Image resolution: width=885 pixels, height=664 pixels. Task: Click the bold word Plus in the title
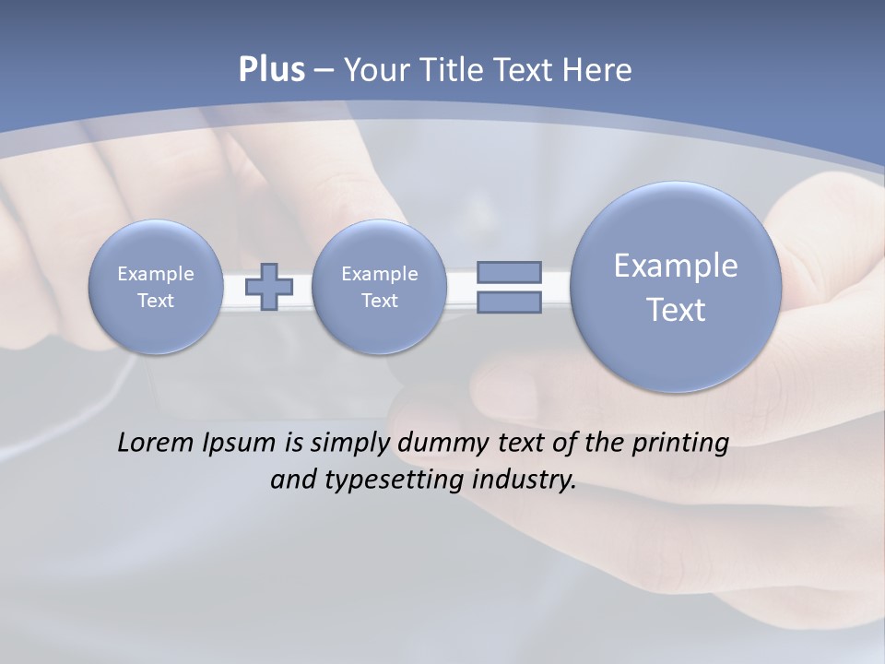271,70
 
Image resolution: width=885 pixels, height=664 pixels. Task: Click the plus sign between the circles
269,287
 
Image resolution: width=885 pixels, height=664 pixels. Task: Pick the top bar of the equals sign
509,272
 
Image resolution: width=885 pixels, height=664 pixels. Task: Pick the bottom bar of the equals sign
509,302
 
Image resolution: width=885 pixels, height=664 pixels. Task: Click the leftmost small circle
156,287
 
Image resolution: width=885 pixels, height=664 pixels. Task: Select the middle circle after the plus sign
379,287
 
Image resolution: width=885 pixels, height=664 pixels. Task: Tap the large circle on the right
676,287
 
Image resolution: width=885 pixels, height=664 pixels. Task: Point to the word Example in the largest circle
676,266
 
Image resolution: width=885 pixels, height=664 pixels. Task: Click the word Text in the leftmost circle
156,301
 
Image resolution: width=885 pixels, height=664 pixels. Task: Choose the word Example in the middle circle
379,274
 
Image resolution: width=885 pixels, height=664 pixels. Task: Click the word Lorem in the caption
151,443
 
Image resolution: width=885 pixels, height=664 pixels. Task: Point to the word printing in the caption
680,444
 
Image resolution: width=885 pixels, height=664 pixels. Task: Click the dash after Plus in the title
324,70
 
